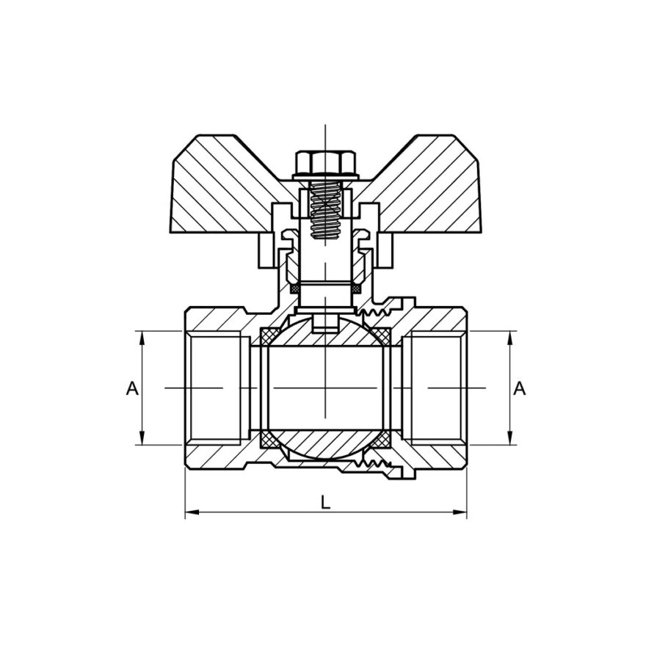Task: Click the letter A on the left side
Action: [132, 388]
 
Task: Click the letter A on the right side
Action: [519, 388]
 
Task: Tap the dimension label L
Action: [325, 502]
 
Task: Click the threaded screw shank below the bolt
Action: [325, 210]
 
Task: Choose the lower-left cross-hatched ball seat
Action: [269, 440]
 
